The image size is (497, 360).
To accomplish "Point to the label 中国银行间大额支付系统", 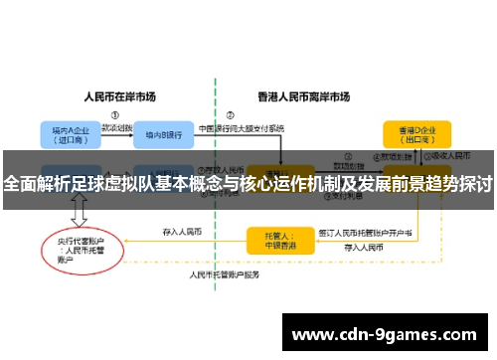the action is click(241, 128).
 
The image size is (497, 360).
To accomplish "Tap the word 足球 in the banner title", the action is click(86, 184).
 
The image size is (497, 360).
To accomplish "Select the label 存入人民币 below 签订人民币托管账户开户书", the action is click(364, 246).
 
